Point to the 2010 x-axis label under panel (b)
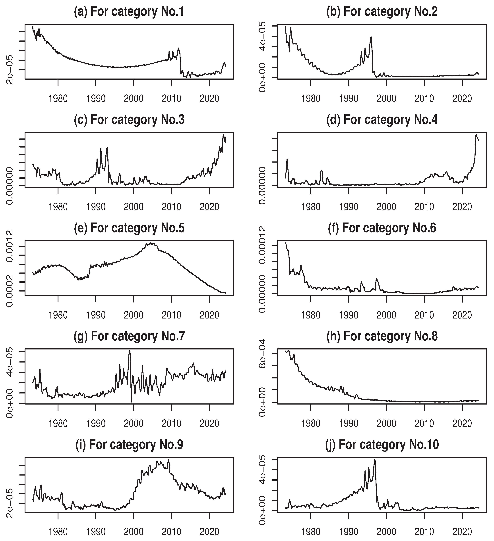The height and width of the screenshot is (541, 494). pos(424,99)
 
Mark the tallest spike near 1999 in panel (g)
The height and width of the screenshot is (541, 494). pos(130,351)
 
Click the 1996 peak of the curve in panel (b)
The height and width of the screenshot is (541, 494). pos(371,37)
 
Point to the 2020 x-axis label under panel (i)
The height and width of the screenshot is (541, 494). pos(209,532)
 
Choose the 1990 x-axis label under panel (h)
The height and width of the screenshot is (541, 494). pos(349,424)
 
